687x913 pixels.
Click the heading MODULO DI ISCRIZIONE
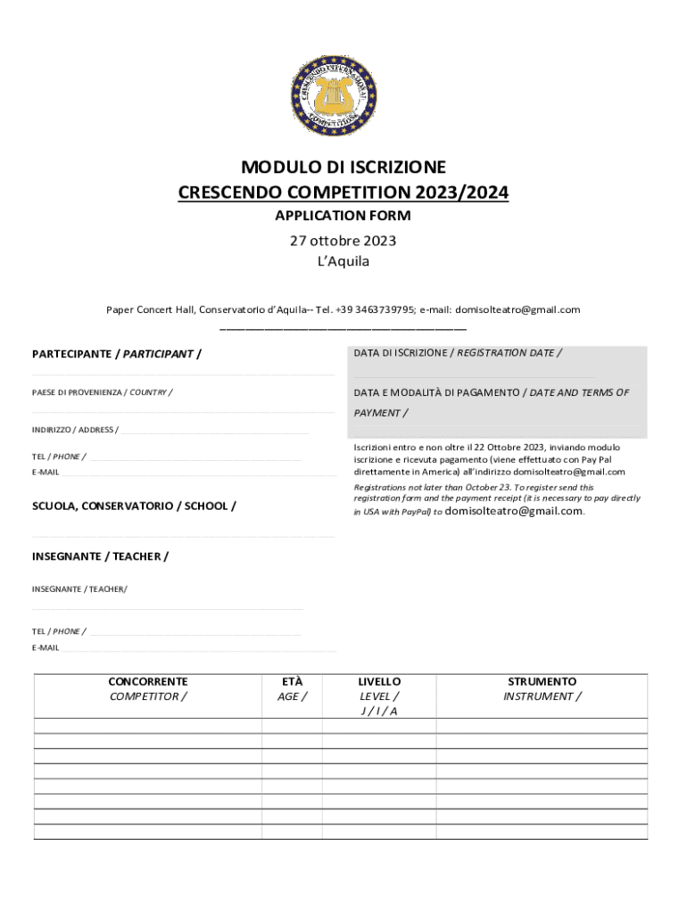pos(343,168)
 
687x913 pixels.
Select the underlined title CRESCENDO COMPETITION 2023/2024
pos(343,192)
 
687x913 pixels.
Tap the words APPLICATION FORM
pos(343,216)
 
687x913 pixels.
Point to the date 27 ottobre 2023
pos(343,241)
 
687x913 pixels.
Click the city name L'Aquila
pos(343,261)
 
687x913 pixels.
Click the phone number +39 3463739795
pos(375,310)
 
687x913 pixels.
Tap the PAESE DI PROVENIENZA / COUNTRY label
pos(103,392)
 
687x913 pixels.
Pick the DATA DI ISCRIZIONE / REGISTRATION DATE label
pos(457,353)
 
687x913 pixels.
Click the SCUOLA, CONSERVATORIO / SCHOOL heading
pos(134,506)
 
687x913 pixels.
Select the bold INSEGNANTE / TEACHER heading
pos(100,556)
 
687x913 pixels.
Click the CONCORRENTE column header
pos(147,681)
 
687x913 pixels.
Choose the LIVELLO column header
pos(379,681)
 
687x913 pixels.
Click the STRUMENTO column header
pos(542,681)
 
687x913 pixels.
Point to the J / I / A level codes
pos(379,711)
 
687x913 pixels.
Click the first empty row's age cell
pos(292,726)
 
